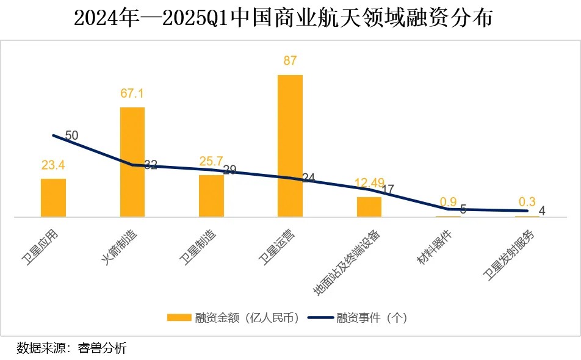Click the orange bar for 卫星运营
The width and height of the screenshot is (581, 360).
coord(290,146)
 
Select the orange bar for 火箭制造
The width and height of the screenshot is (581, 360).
coord(132,162)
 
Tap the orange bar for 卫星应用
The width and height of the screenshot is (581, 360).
coord(53,198)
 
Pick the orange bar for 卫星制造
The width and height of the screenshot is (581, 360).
coord(211,196)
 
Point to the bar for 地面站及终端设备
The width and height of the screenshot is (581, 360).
coord(369,207)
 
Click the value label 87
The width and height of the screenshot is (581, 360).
coord(290,61)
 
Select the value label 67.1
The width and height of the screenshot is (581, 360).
coord(132,93)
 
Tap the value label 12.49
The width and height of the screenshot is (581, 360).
coord(370,183)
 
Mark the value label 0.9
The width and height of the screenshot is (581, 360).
coord(449,202)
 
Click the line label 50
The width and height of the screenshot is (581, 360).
coord(71,135)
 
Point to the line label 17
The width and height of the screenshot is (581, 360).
coord(387,190)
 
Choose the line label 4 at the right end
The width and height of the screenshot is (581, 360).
coord(541,212)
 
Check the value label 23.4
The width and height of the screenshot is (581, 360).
coord(54,165)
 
